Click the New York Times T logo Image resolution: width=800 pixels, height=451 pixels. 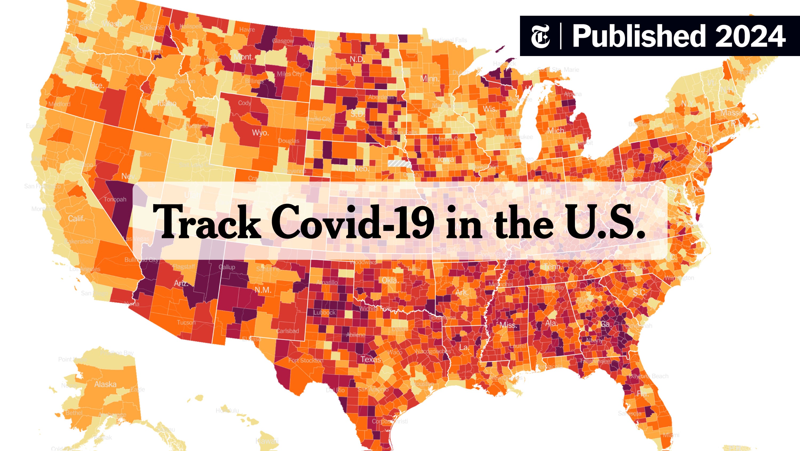tap(540, 36)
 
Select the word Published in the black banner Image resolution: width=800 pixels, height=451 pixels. tap(638, 37)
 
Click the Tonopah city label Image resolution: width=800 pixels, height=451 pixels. tap(115, 199)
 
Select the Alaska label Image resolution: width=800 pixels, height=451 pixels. tap(105, 384)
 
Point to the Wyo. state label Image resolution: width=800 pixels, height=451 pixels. tap(260, 133)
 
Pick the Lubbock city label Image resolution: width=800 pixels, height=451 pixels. tap(324, 313)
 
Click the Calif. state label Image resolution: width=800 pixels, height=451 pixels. tap(76, 219)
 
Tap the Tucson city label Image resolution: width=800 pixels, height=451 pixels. tap(186, 322)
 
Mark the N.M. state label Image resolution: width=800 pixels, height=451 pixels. tap(263, 290)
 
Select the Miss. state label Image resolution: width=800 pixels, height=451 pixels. tap(508, 325)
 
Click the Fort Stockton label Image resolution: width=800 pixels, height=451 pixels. tap(306, 361)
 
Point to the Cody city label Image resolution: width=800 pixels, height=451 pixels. tap(245, 103)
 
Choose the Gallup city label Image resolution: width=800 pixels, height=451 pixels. tap(227, 267)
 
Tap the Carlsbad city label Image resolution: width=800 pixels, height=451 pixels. tap(287, 331)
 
